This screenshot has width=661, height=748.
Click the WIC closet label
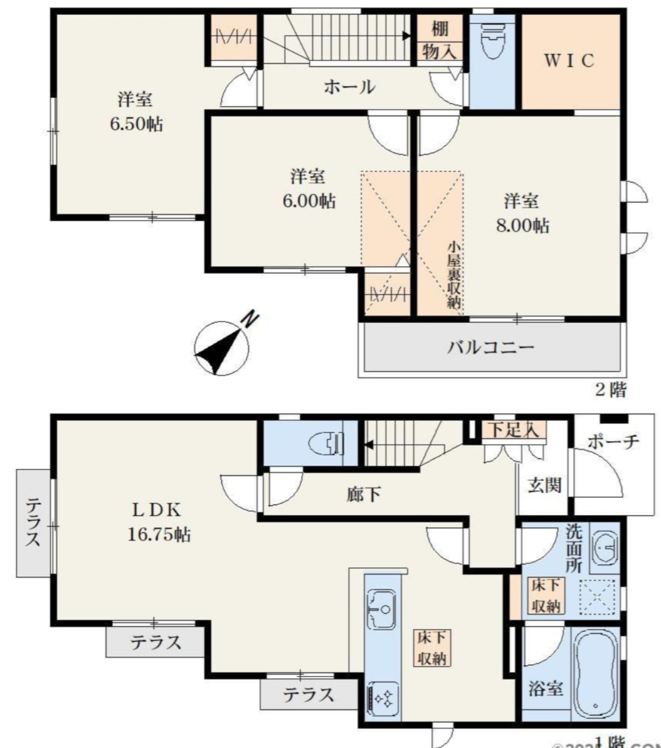569,60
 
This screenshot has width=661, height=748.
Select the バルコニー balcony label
490,347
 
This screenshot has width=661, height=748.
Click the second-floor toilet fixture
491,42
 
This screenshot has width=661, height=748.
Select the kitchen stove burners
382,698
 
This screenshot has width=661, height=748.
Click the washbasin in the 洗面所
605,547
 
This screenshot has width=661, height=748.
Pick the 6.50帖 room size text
136,124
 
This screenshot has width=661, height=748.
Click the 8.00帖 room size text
522,226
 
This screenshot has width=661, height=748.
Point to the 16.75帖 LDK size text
158,534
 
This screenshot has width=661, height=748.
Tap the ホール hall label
349,87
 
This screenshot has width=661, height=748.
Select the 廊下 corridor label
363,494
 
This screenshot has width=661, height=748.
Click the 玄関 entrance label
544,485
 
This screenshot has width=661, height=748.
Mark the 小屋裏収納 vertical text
454,274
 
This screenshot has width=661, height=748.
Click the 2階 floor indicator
610,389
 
